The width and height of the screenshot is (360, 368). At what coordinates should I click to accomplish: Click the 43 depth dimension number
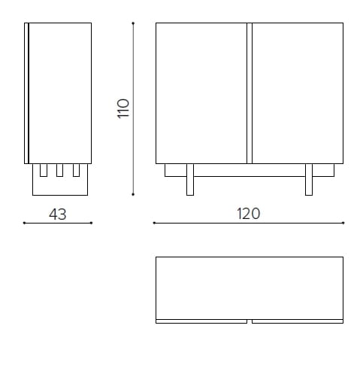pos(58,214)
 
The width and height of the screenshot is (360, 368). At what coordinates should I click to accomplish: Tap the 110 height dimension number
pos(124,108)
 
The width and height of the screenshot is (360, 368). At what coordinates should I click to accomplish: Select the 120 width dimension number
pos(248,214)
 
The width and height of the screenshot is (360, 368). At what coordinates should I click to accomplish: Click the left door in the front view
pos(201,93)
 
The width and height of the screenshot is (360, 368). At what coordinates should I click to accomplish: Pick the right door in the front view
pos(298,93)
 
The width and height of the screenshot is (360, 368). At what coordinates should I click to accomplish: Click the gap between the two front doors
pos(250,93)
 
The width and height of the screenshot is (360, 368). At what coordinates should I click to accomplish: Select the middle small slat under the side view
pos(59,170)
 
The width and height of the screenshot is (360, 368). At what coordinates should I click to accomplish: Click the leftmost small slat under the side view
pos(43,170)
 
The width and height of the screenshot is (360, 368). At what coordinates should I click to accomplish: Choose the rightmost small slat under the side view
pos(76,170)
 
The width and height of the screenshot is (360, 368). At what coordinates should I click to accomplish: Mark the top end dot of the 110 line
pos(133,23)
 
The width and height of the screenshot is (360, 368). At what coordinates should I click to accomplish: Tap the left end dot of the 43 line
pos(24,223)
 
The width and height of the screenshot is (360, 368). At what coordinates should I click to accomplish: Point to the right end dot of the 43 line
pos(92,223)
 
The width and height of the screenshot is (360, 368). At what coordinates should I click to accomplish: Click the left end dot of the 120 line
pos(154,223)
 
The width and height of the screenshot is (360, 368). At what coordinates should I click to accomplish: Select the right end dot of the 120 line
pos(343,223)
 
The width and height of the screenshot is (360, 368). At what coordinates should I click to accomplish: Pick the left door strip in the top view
pos(201,321)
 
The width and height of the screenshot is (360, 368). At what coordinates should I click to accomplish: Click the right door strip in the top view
pos(298,321)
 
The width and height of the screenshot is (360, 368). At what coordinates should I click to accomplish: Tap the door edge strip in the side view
pos(26,93)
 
